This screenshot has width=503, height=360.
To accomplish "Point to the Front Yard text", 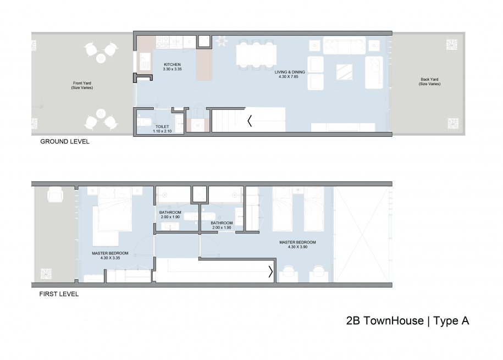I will click(81, 84).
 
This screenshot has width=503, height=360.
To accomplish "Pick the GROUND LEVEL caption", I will click(65, 142).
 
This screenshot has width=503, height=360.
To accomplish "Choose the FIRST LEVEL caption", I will click(59, 294).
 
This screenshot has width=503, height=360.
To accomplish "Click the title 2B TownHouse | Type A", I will click(407, 321).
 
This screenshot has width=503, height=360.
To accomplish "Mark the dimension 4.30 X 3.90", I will click(297, 247).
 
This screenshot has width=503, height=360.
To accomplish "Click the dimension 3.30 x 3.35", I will click(172, 69).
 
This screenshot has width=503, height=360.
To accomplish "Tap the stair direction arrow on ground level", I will click(250, 121).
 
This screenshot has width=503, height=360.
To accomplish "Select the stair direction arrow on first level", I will click(270, 272).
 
